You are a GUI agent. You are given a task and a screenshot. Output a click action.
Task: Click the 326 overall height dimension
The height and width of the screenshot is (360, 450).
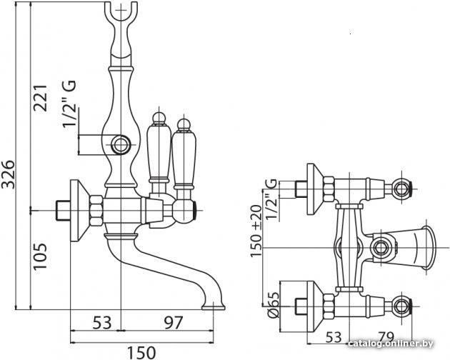(x=7, y=174)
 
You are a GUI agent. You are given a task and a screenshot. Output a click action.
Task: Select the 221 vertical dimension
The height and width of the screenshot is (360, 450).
(x=40, y=98)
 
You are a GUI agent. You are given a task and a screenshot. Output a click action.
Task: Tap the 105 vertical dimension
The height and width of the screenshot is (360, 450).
(x=40, y=256)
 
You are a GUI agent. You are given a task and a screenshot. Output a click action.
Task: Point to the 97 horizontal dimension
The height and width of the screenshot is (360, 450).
(x=173, y=322)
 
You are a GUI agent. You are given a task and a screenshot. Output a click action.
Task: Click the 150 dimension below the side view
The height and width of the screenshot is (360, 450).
(x=141, y=353)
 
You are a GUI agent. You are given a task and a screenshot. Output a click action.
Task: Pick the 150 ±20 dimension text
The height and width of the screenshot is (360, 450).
(x=256, y=231)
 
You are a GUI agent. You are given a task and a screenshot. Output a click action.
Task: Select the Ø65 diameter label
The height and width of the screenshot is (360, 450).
(x=274, y=305)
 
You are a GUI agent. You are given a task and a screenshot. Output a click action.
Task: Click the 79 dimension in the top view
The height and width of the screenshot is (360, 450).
(x=386, y=336)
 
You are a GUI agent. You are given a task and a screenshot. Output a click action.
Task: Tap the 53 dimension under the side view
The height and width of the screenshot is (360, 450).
(x=102, y=322)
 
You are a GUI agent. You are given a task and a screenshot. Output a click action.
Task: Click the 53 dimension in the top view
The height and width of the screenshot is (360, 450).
(x=334, y=337)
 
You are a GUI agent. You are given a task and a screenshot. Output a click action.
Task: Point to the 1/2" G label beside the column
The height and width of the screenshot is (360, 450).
(x=69, y=104)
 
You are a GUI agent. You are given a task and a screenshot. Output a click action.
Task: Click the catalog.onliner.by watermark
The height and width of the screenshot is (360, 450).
(x=391, y=344)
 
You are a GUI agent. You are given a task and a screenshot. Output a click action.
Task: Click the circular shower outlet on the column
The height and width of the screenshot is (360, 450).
(x=120, y=144)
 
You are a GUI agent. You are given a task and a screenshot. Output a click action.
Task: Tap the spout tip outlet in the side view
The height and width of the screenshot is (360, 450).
(x=214, y=307)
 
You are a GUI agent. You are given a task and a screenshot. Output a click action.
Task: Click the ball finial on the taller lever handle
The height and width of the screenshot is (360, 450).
(x=159, y=118)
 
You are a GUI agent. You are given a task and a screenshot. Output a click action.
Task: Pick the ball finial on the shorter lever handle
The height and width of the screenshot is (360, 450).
(x=184, y=124)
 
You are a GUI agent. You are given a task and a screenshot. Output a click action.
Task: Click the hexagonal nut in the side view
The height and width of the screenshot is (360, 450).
(x=96, y=211)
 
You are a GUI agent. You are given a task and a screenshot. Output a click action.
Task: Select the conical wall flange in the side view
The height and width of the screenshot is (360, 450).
(x=79, y=211)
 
